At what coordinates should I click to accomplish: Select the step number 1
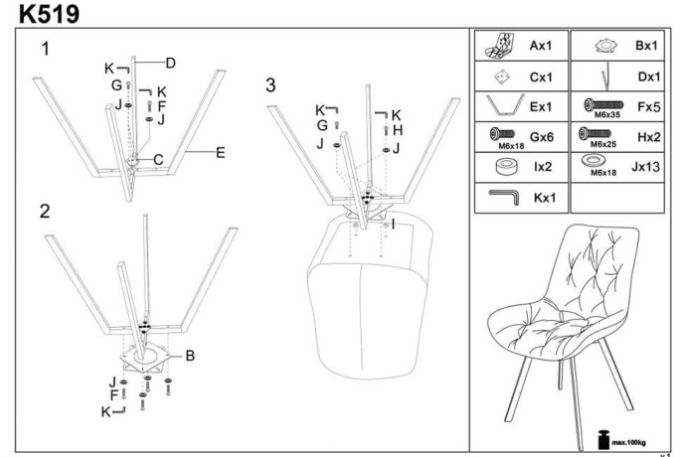coord(45,48)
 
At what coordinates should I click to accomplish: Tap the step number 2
coord(45,211)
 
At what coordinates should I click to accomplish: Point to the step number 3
coord(270,85)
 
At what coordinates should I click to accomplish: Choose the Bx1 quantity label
coord(647,46)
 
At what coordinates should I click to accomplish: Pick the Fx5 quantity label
coord(647,104)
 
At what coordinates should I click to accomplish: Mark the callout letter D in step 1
coord(171,64)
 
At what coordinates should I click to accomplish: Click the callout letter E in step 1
coord(221,152)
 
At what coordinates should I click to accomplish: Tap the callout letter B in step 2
coord(189,355)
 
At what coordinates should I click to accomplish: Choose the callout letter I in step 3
coord(394,225)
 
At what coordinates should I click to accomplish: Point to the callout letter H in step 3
coord(397,130)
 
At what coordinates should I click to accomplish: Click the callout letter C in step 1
coord(158,158)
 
